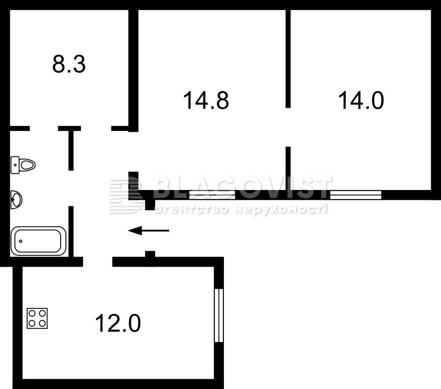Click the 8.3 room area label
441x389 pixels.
point(69,65)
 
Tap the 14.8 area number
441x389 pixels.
point(206,100)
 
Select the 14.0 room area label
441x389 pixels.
point(361,100)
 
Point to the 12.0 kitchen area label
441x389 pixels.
point(118,324)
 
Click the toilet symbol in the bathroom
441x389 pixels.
point(23,165)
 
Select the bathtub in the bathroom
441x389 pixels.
point(38,241)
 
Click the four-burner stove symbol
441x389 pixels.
point(37,318)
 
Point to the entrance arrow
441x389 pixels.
point(149,230)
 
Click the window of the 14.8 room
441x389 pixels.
point(212,195)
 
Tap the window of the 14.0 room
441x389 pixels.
point(355,195)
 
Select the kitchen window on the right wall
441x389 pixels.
point(219,315)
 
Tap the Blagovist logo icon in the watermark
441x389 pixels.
point(125,196)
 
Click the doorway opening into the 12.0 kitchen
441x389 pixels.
point(98,261)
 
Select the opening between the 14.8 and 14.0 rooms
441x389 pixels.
point(288,127)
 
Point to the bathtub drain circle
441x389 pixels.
point(21,241)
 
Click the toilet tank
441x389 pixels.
point(15,165)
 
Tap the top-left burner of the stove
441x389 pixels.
point(32,313)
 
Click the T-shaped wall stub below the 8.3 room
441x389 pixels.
point(70,148)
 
